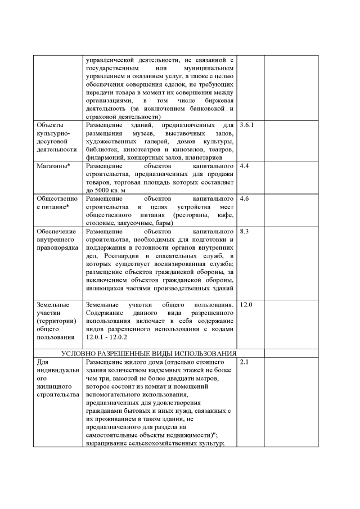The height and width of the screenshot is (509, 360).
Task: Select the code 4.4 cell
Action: pos(245,167)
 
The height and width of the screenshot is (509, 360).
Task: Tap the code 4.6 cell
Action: pos(245,199)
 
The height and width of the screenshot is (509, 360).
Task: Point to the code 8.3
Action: pos(245,231)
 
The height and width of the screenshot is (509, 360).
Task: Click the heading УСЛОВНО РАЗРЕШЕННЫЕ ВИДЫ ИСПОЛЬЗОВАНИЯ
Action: pos(148,353)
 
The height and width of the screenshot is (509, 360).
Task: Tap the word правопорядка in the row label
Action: pos(56,247)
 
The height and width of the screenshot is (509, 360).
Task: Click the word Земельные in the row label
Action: pos(53,304)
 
